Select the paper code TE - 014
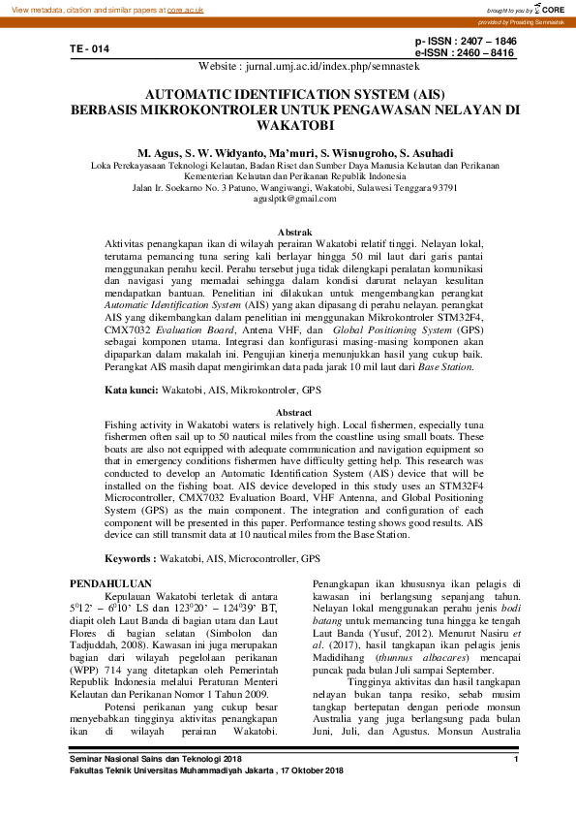coord(89,48)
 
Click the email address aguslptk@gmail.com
coord(288,198)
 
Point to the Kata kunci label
coord(131,389)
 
